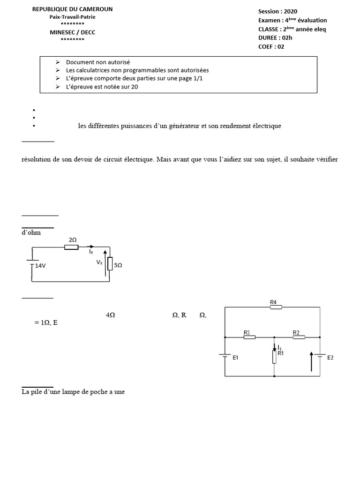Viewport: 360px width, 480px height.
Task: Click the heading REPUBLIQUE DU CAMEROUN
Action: pos(72,9)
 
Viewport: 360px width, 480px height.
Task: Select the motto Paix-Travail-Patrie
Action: pos(72,17)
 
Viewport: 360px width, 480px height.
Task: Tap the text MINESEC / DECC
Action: pos(72,32)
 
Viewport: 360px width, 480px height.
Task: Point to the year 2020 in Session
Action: pos(290,11)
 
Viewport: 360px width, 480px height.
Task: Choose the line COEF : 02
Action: pos(271,46)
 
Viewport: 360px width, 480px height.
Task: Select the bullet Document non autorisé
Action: pos(97,62)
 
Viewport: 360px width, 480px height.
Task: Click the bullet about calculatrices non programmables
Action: pos(137,70)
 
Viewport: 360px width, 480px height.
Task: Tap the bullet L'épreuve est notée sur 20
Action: pos(102,87)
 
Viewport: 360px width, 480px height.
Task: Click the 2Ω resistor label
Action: pos(73,240)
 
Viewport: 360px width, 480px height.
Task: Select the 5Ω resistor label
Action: pos(118,265)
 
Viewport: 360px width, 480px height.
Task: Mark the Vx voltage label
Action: pos(99,262)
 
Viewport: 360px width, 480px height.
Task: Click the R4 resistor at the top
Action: pos(276,307)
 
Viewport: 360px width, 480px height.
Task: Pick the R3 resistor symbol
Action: pos(249,337)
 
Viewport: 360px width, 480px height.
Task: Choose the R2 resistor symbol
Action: pos(299,337)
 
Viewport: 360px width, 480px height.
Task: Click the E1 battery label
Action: pos(236,358)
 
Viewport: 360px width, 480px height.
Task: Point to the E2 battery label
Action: pos(330,358)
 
